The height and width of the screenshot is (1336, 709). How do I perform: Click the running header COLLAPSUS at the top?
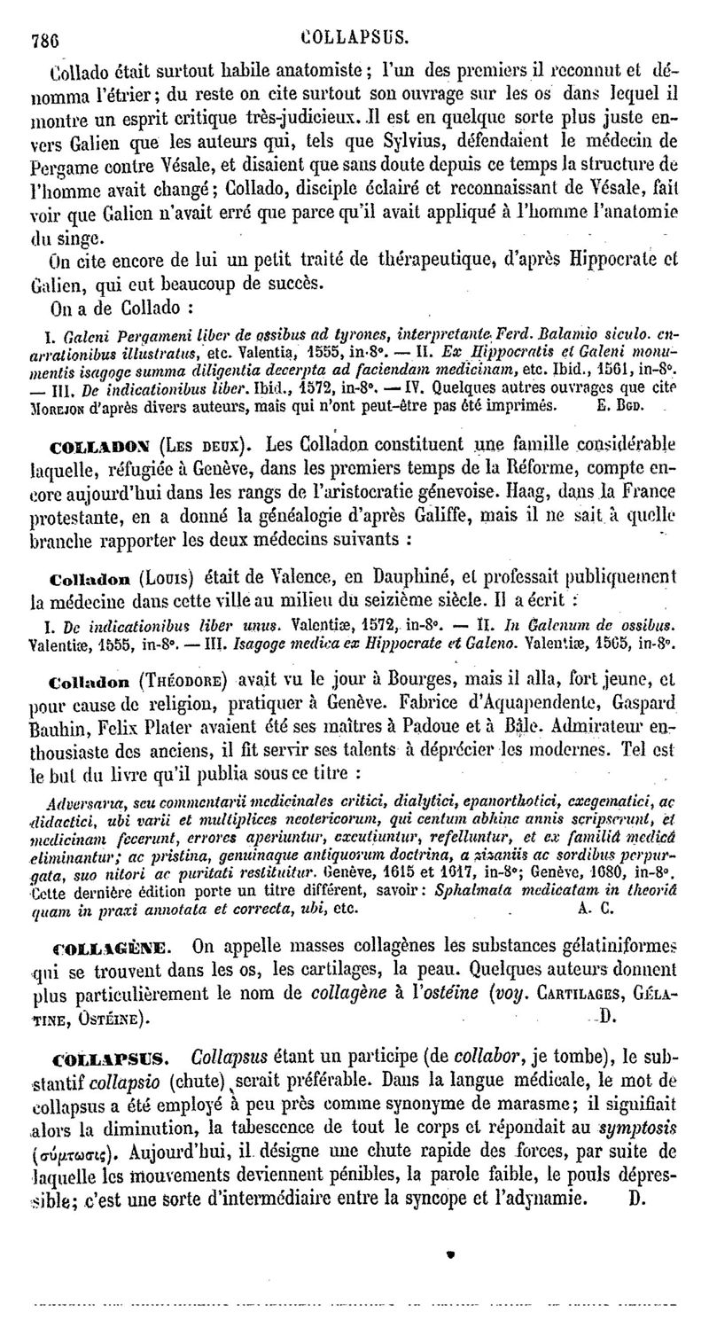[x=354, y=37]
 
